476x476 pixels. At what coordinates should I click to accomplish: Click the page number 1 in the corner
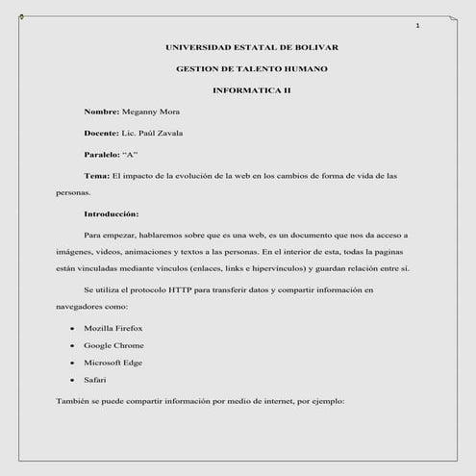click(417, 25)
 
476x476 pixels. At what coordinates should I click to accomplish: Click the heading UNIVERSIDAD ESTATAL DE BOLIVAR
click(252, 47)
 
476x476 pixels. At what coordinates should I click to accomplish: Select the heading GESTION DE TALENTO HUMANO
click(252, 69)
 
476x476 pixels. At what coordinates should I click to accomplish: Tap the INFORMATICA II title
click(252, 90)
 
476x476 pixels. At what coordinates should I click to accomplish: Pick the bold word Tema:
click(97, 176)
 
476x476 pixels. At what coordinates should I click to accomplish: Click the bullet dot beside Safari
click(72, 381)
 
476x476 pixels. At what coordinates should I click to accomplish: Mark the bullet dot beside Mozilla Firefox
click(72, 329)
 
